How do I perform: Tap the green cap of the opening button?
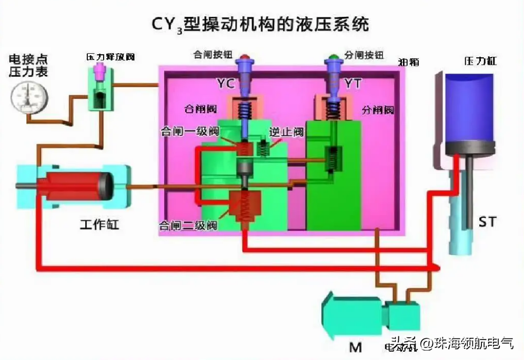point(332,56)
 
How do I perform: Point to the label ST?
point(487,222)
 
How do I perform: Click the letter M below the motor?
point(356,347)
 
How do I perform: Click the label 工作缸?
point(99,225)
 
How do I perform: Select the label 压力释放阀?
point(110,57)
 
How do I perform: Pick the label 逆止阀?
point(286,132)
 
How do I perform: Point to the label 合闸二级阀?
point(188,226)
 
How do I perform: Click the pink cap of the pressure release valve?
point(98,71)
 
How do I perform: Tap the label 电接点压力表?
point(28,65)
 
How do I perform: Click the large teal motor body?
point(352,316)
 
